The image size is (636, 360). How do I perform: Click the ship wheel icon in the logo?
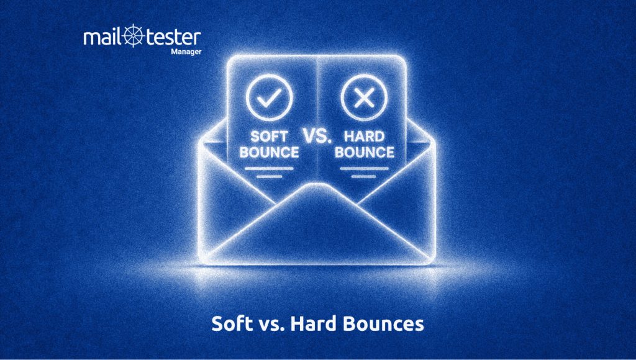point(134,35)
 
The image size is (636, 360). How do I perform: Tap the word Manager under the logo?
point(186,52)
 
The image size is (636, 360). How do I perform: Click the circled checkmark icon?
point(269,97)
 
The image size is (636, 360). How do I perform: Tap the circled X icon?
point(364,97)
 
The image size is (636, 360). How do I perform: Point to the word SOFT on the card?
point(270,137)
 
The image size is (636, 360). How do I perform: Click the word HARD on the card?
point(364,137)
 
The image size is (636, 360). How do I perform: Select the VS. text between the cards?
point(317,136)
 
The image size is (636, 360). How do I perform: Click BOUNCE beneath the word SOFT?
point(270,153)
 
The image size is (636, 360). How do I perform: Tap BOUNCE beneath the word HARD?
point(364,153)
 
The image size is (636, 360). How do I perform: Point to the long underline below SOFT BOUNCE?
point(269,168)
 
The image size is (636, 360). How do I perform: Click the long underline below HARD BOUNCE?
point(364,168)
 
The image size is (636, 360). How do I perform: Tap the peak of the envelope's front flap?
point(317,186)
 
